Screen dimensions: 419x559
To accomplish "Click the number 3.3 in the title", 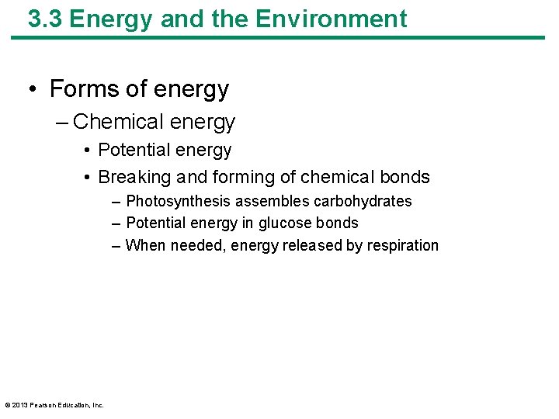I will click(x=44, y=19).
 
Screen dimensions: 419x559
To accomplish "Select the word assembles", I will click(x=270, y=201).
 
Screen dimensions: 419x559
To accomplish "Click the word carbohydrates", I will click(x=363, y=201).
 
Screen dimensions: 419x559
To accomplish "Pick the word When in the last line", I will click(x=144, y=245).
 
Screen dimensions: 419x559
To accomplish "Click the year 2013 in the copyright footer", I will click(x=20, y=404).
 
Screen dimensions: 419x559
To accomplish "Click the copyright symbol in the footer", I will click(x=7, y=404).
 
